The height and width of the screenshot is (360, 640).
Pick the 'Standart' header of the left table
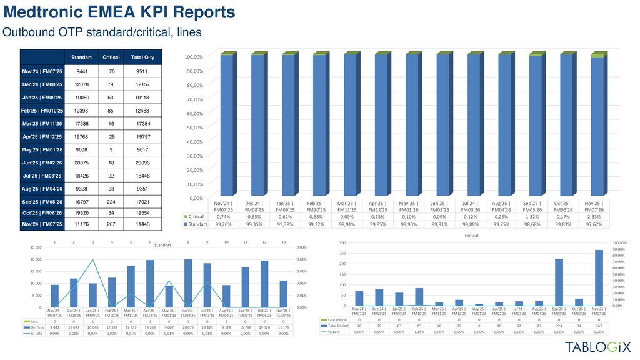81,57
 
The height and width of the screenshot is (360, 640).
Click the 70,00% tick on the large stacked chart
194,99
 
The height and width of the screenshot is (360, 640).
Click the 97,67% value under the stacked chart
597,224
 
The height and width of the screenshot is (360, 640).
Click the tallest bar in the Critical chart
599,277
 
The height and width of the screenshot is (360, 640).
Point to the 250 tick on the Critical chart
343,253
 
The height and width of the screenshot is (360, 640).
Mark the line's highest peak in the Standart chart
92,260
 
